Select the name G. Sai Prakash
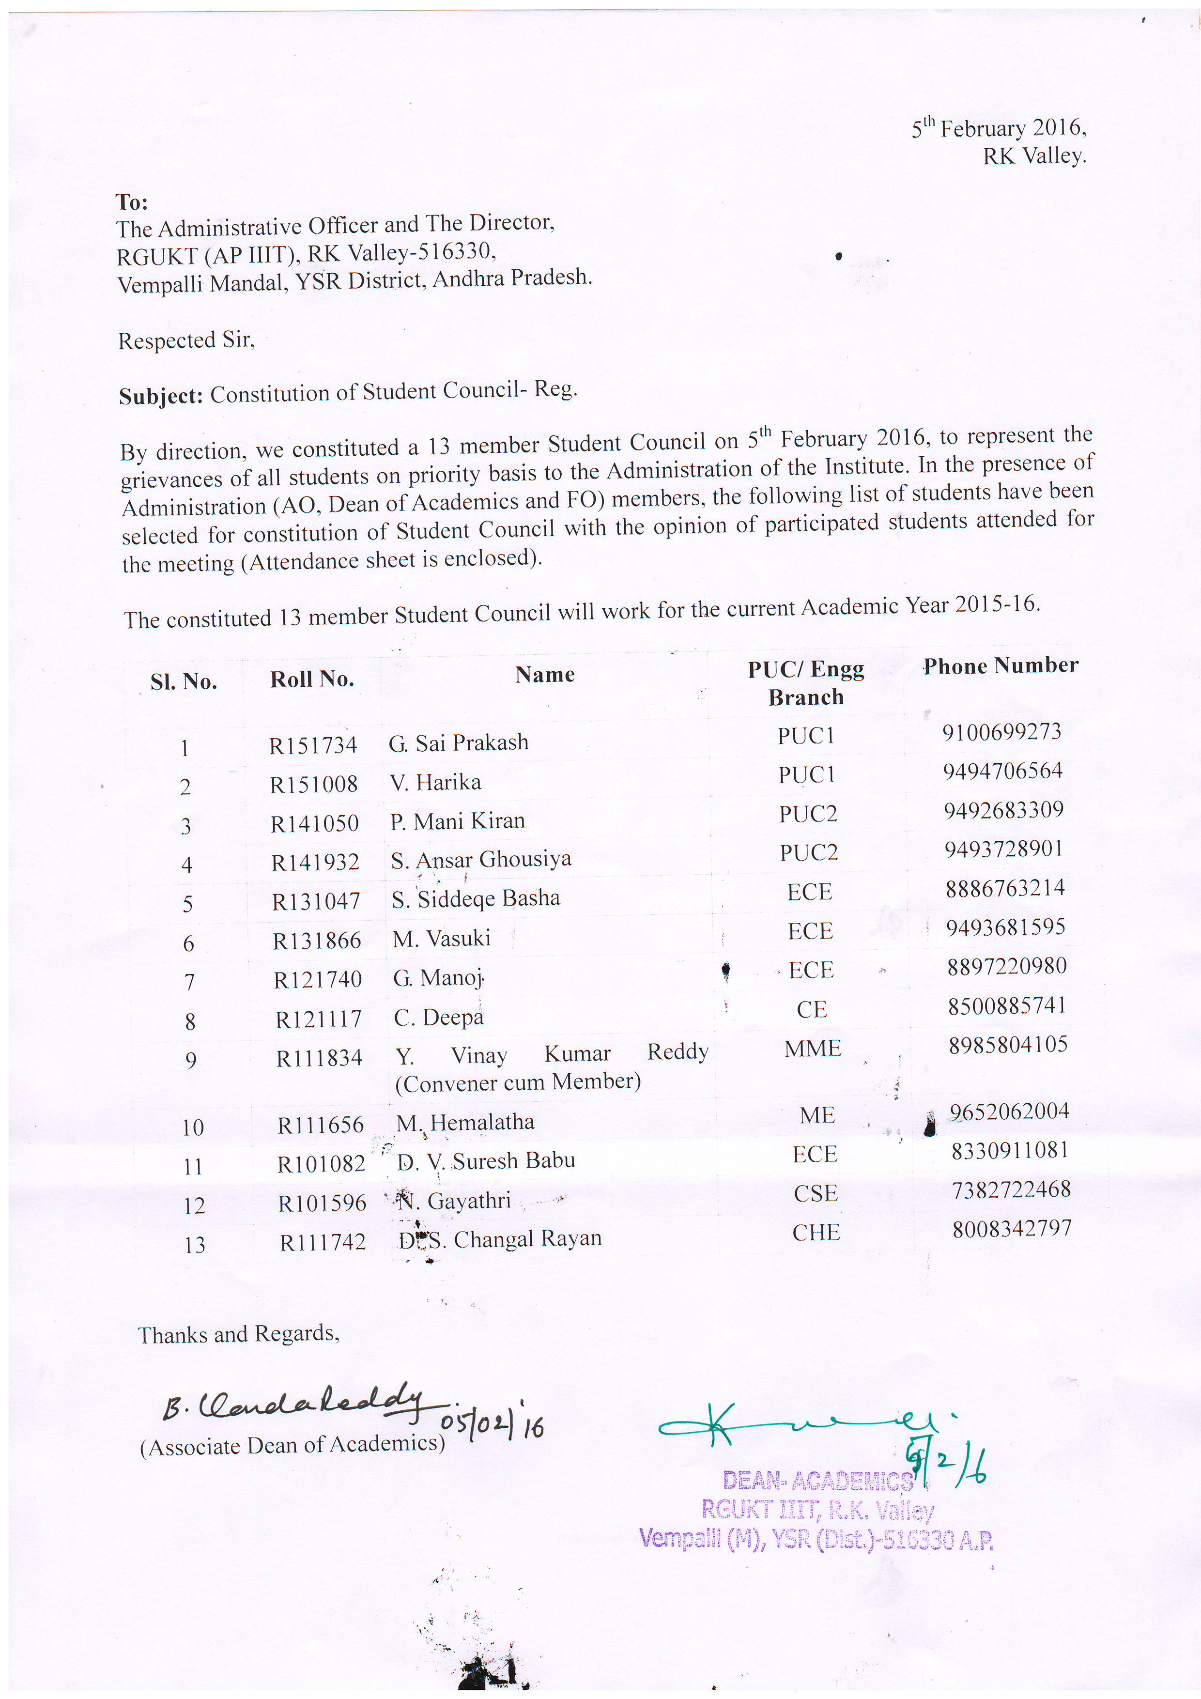coord(459,742)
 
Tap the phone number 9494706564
coord(1002,771)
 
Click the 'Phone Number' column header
coord(1001,665)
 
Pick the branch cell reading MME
coord(813,1048)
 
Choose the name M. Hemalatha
coord(465,1122)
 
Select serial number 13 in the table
coord(195,1245)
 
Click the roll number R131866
coord(317,941)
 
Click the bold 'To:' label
coord(132,201)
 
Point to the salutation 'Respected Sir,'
coord(186,340)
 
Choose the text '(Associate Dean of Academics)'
coord(292,1445)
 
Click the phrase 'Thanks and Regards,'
coord(238,1334)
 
